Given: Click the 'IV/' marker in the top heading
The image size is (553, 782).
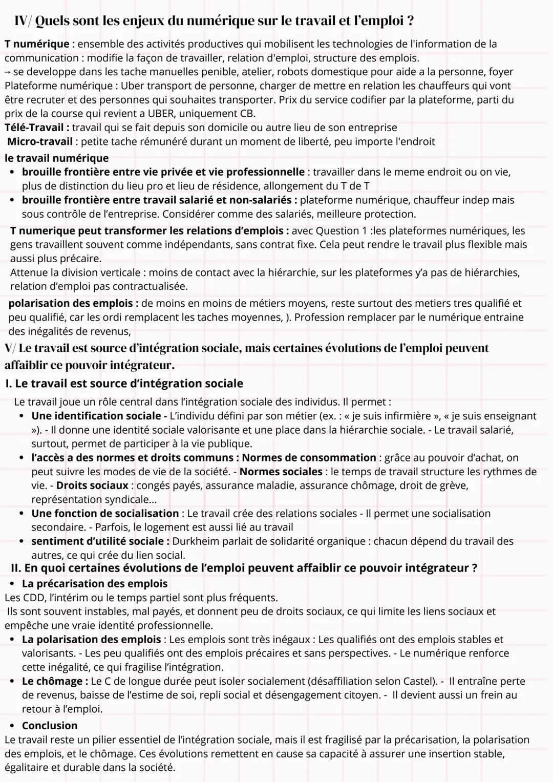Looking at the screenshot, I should point(23,21).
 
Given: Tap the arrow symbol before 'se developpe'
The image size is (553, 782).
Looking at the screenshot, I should point(8,72).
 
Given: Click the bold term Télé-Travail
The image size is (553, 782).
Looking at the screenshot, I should point(34,128).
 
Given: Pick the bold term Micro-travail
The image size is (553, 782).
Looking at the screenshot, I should point(40,141).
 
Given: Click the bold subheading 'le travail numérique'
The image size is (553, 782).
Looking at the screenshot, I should point(56,158).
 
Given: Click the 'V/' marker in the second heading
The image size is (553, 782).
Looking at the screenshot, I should point(10,348).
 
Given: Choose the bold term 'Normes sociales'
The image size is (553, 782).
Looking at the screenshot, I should point(281,472).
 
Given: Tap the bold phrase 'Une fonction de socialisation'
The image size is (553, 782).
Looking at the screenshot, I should point(105,514).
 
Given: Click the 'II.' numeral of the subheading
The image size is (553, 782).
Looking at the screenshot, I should point(16,568).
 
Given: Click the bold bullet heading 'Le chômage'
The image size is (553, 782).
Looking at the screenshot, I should point(52,682).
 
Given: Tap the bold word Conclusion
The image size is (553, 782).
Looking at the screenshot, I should point(50,726).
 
